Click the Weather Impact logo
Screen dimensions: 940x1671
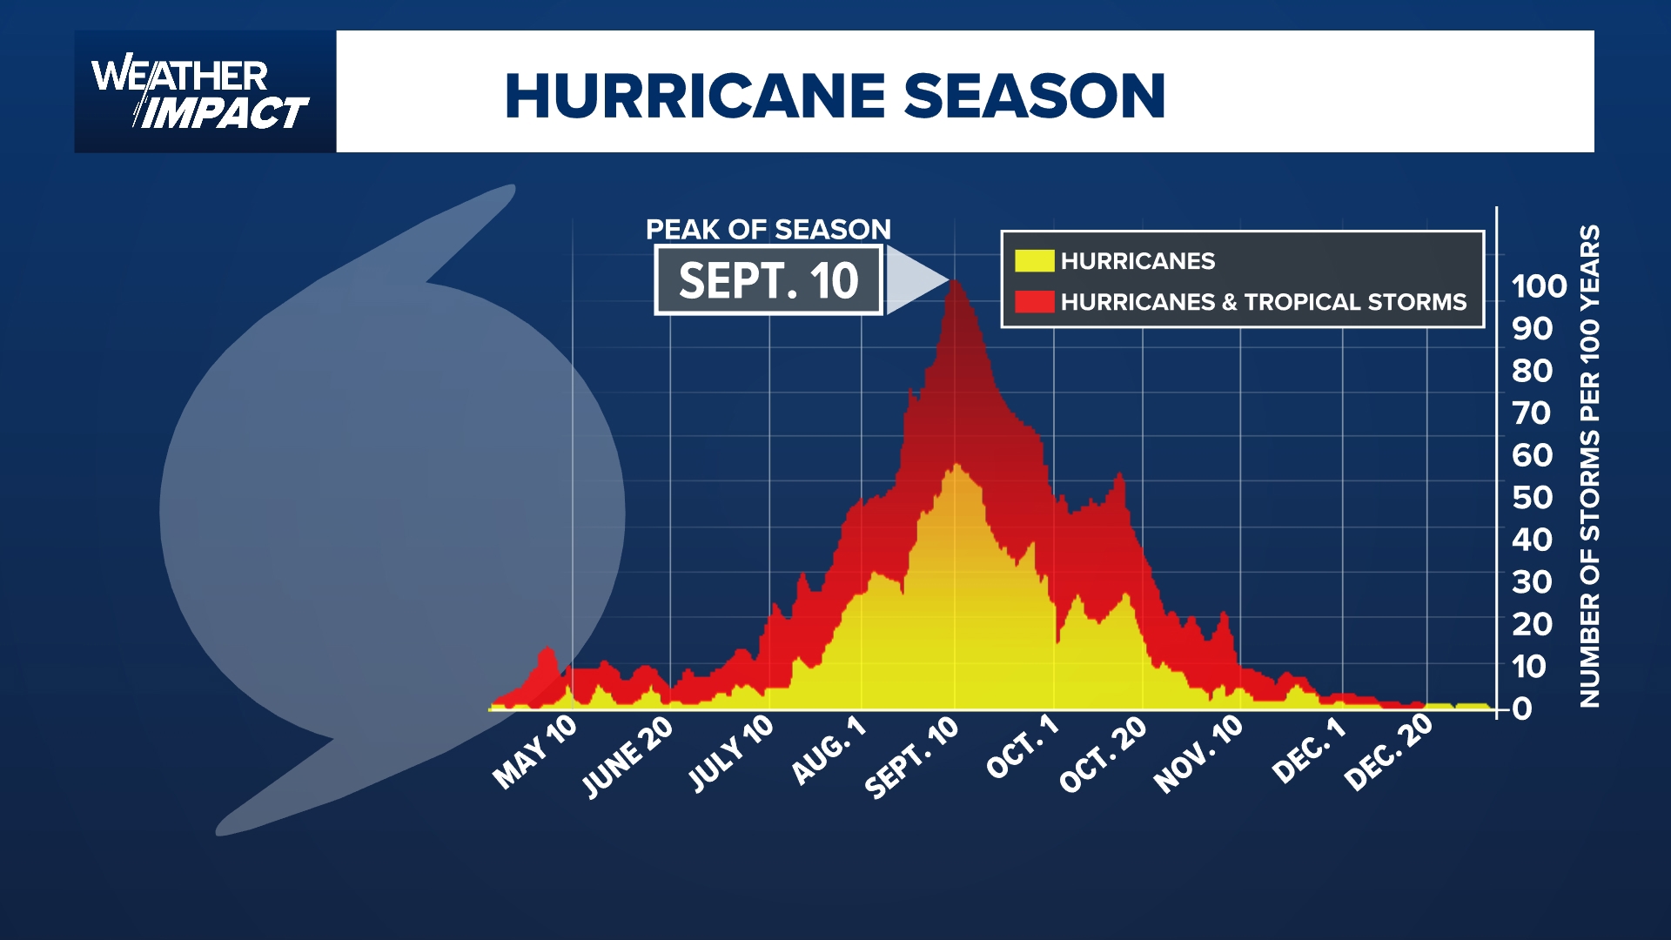coord(202,93)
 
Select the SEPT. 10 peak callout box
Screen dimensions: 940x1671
coord(768,280)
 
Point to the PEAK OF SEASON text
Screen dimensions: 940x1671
coord(768,229)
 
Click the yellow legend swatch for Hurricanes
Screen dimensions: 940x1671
coord(1034,260)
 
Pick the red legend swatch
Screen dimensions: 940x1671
coord(1034,301)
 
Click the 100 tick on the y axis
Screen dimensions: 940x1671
coord(1539,286)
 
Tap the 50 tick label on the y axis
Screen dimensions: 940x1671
coord(1532,497)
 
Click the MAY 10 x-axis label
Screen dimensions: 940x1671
coord(534,752)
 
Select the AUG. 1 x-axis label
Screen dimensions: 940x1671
coord(829,749)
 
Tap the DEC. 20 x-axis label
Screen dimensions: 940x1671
coord(1388,752)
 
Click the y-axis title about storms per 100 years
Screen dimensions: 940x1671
coord(1589,466)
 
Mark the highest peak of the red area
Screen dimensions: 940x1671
coord(956,282)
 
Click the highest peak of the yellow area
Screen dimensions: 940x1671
coord(956,466)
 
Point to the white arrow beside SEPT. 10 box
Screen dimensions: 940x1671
coord(914,279)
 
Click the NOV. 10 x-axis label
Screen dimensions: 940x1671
coord(1198,755)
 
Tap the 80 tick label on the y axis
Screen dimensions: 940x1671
coord(1532,371)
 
